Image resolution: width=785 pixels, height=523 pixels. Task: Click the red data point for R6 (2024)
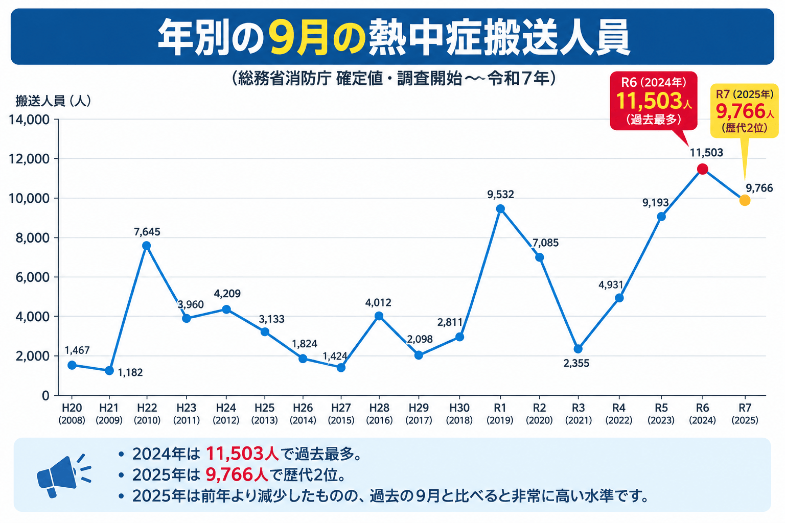click(x=702, y=169)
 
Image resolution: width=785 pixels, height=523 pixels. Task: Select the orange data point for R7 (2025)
click(x=745, y=200)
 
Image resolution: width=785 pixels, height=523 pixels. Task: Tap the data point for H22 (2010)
click(x=147, y=246)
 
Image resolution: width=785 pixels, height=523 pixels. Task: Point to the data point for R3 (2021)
click(x=578, y=349)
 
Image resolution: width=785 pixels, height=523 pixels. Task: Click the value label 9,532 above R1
click(x=500, y=195)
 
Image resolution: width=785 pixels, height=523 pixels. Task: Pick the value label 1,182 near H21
click(x=130, y=372)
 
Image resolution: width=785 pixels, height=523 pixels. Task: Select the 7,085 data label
click(x=545, y=243)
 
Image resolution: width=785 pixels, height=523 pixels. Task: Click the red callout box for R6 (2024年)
click(x=654, y=101)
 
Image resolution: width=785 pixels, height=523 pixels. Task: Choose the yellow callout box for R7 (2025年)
click(x=744, y=111)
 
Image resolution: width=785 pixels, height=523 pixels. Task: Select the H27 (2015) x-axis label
click(x=341, y=414)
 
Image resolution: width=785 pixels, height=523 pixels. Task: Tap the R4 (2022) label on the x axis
click(x=619, y=414)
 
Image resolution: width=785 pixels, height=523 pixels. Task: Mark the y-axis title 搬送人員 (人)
click(x=53, y=101)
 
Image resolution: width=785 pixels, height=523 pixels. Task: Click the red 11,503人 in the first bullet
click(x=242, y=454)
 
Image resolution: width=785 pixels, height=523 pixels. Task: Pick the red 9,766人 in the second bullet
click(x=237, y=474)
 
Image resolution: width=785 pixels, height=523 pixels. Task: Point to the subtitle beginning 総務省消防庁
click(x=393, y=78)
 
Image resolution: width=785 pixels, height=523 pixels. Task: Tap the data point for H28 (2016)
click(x=379, y=316)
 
